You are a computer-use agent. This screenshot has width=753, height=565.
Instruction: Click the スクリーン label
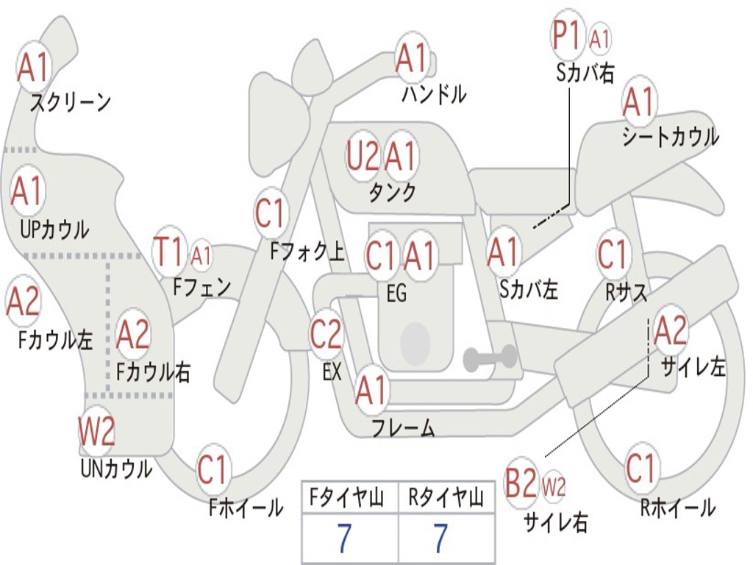pos(71,102)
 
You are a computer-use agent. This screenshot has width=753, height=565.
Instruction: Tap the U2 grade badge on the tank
pos(363,156)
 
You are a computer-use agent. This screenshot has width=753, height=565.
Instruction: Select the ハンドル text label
pos(434,94)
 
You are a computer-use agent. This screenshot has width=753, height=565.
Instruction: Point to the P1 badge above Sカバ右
pos(568,36)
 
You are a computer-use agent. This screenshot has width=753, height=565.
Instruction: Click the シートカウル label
pos(670,137)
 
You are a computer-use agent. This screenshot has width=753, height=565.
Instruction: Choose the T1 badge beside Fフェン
pos(168,252)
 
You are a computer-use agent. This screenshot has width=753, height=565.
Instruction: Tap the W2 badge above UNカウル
pos(96,432)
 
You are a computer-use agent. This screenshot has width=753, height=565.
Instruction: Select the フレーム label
pos(403,427)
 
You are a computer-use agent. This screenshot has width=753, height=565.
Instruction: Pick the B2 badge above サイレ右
pos(521,484)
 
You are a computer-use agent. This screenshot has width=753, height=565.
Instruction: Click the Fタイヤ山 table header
pos(349,499)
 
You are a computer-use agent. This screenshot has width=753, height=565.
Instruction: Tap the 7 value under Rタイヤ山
pos(440,539)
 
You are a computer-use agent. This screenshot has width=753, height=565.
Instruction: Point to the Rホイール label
pos(677,508)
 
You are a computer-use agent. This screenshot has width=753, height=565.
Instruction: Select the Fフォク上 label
pos(307,252)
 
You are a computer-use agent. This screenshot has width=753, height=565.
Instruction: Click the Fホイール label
pos(246,508)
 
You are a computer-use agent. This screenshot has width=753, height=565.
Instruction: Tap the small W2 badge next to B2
pos(554,486)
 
